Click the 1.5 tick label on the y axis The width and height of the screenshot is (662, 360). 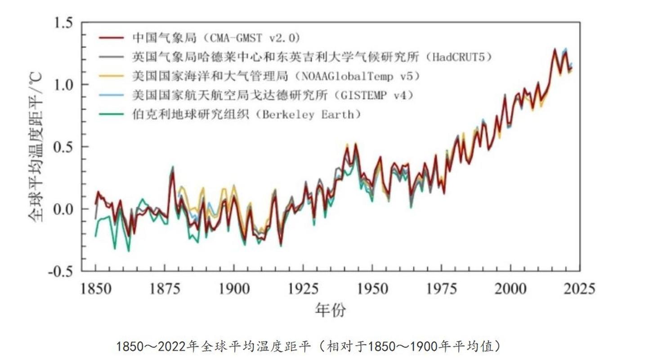pyautogui.click(x=65, y=22)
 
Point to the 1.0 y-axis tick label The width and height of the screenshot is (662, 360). pyautogui.click(x=65, y=85)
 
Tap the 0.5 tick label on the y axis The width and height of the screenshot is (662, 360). pyautogui.click(x=65, y=147)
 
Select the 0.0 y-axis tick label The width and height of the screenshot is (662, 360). pyautogui.click(x=65, y=209)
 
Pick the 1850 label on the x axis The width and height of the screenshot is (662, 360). pyautogui.click(x=96, y=289)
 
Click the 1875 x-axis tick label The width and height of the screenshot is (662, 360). pyautogui.click(x=165, y=289)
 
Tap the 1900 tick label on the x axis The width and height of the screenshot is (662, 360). pyautogui.click(x=234, y=289)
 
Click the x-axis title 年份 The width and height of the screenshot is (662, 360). pyautogui.click(x=331, y=310)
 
